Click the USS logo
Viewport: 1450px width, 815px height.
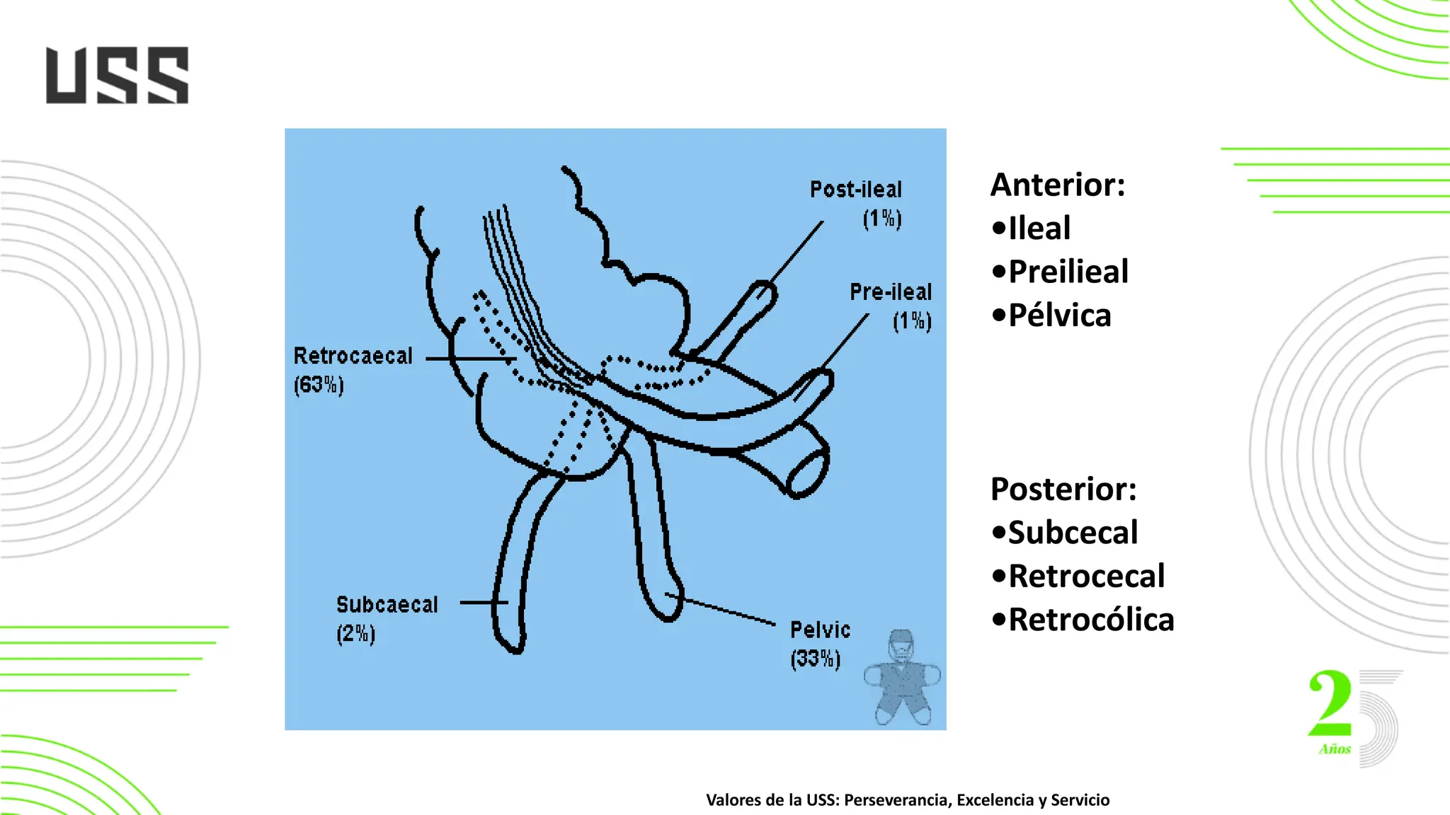(x=118, y=76)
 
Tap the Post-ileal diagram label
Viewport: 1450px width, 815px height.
(x=856, y=190)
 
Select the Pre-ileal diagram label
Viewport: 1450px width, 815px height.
(x=891, y=291)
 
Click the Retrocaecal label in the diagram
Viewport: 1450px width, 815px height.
(x=353, y=355)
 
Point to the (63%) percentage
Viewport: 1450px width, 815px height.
(x=319, y=385)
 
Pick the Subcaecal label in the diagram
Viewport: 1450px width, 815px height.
(x=387, y=605)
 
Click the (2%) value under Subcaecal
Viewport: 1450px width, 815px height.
(x=355, y=634)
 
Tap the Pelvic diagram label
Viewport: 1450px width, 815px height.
(x=820, y=630)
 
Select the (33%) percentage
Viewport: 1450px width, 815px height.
(x=816, y=659)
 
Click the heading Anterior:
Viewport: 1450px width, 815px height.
(x=1058, y=185)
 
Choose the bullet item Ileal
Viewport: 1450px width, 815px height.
(x=1039, y=229)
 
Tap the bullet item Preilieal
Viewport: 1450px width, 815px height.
(x=1068, y=272)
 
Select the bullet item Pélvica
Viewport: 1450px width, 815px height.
(x=1059, y=316)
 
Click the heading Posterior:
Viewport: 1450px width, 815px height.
(x=1063, y=489)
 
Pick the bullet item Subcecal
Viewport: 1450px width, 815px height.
(x=1072, y=533)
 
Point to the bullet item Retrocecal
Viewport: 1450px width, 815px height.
(x=1086, y=577)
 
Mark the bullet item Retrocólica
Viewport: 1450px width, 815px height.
(x=1090, y=620)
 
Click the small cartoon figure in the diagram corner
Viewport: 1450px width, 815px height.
(x=901, y=677)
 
